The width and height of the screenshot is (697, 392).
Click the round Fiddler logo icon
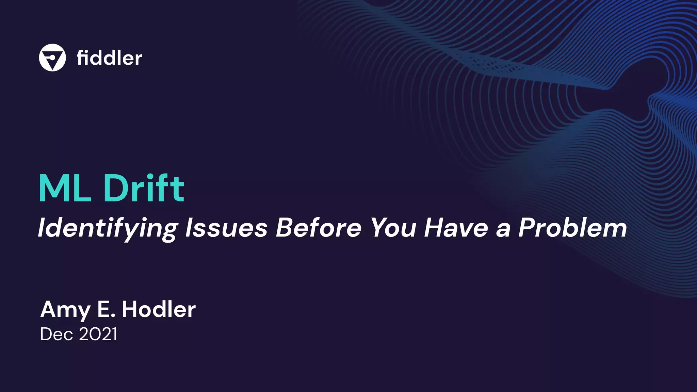(x=52, y=58)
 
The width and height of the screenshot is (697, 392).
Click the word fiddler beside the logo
(x=109, y=58)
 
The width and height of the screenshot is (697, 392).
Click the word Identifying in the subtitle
(x=108, y=228)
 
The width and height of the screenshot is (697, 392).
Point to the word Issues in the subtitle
(x=226, y=228)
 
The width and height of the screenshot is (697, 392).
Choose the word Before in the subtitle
(x=318, y=228)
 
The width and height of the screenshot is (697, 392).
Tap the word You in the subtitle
(x=393, y=228)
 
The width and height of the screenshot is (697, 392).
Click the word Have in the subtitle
(x=456, y=228)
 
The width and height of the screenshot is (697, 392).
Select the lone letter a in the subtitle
(x=503, y=229)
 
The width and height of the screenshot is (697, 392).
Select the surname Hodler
(x=159, y=309)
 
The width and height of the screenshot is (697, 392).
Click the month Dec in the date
(x=56, y=334)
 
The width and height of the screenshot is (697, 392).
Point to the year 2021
(x=98, y=334)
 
